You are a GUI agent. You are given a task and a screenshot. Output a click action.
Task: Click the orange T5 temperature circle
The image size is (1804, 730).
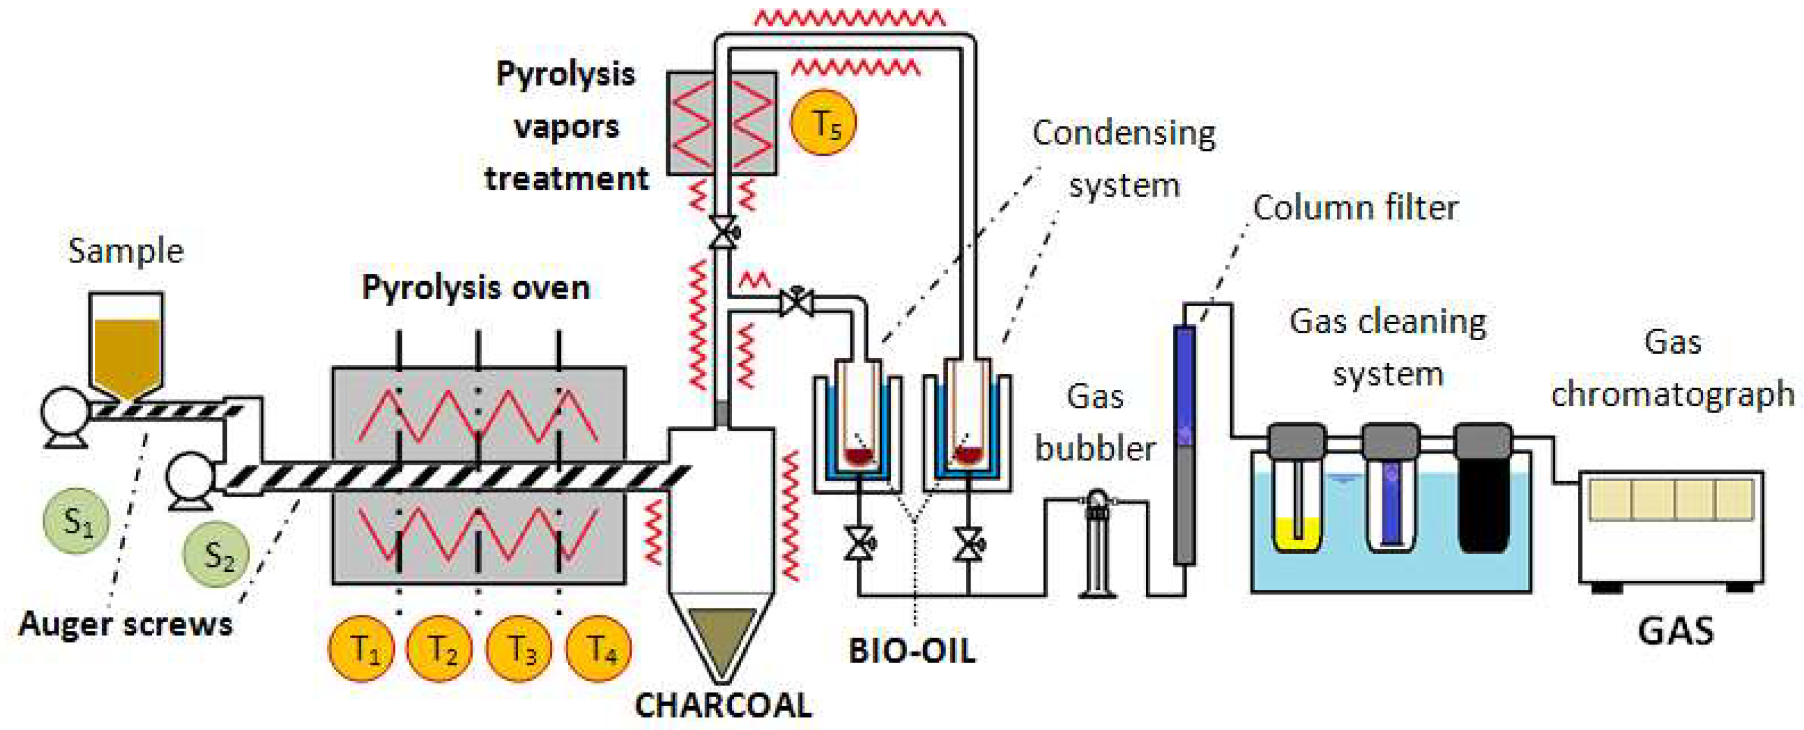coord(823,123)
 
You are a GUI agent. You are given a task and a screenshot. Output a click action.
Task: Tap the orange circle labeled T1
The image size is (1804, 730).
coord(361,648)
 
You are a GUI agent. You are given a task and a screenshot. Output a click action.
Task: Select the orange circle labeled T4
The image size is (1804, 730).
coord(599,648)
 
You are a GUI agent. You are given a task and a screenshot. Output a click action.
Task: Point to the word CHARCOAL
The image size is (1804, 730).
coord(723,706)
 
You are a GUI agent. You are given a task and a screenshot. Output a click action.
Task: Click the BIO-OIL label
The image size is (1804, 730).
coord(912,651)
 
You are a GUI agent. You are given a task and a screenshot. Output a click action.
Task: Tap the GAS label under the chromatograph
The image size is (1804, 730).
coord(1676,631)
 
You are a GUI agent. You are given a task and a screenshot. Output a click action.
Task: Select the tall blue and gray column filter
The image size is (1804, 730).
coord(1184,444)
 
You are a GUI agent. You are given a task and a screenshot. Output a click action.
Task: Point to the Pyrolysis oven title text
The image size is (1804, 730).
coord(476,288)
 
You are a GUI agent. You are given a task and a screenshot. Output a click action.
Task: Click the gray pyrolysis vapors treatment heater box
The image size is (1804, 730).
coord(721,123)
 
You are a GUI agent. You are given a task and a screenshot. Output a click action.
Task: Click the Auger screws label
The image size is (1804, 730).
coord(125,623)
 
